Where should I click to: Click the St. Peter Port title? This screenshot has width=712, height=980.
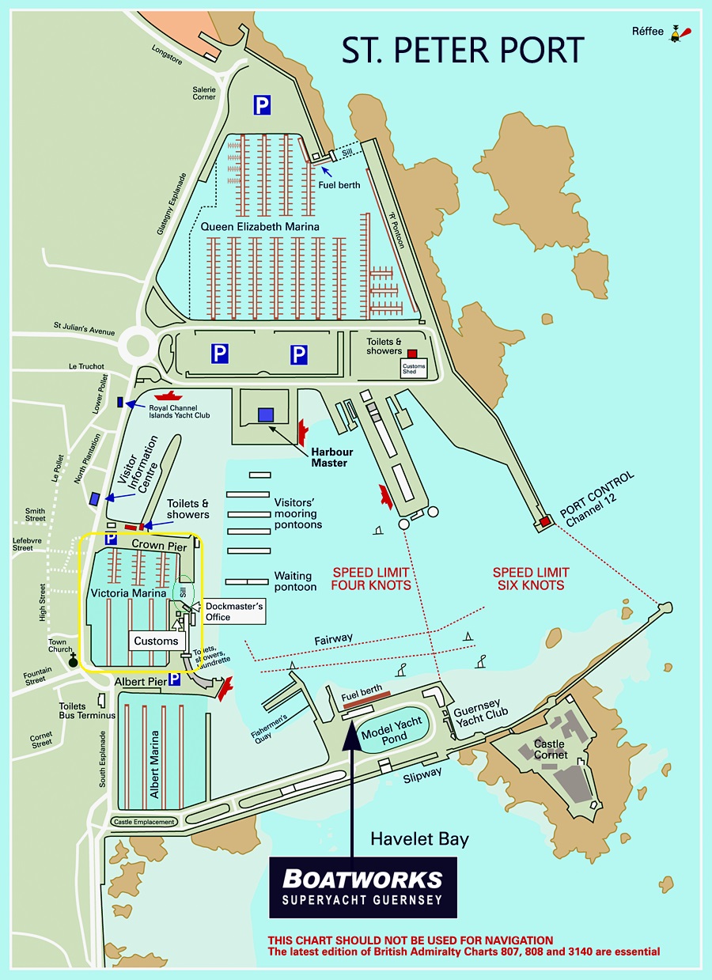463,49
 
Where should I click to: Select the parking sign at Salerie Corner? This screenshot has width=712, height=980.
262,104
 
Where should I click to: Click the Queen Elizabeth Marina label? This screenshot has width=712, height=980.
259,227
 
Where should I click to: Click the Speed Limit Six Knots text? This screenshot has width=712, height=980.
530,579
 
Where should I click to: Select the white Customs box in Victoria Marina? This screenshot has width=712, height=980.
157,641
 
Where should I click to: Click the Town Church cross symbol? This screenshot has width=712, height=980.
73,660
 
